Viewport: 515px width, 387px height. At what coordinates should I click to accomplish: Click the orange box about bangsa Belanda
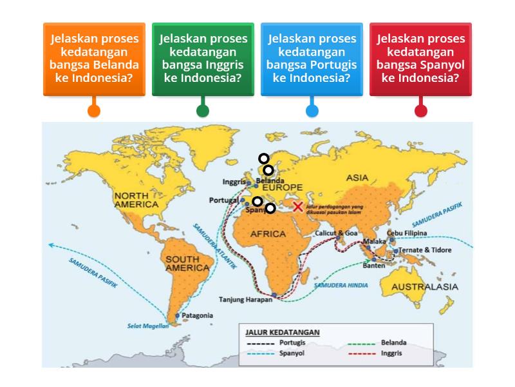pos(94,59)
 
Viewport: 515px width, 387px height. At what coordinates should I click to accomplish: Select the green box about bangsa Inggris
pos(203,59)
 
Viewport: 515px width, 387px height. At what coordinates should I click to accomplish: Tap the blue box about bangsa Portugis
pos(312,59)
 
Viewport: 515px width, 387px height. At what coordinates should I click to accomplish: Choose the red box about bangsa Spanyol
pos(420,59)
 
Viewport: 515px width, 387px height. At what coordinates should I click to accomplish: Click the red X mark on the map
pos(297,207)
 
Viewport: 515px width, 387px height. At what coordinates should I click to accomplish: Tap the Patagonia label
pos(197,315)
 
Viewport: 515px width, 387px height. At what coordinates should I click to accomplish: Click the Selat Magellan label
pos(147,326)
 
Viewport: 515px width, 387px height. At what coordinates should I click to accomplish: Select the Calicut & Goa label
pos(335,232)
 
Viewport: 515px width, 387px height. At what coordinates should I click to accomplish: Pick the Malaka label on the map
pos(374,241)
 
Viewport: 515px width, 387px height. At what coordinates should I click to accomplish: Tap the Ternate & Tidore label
pos(425,250)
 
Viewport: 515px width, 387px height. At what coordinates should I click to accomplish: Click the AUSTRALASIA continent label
pos(425,286)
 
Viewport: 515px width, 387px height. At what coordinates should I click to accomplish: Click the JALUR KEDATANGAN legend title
pos(283,332)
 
